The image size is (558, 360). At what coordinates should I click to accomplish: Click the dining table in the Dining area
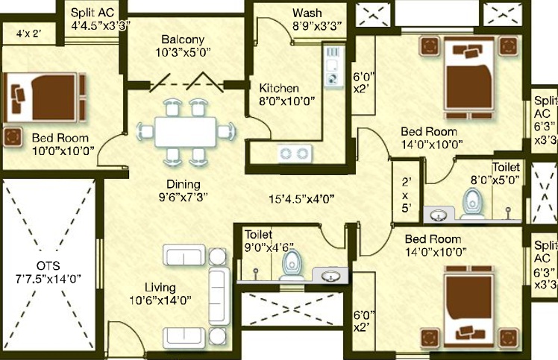pyautogui.click(x=185, y=132)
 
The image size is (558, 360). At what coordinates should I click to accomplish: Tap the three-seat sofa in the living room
pyautogui.click(x=219, y=296)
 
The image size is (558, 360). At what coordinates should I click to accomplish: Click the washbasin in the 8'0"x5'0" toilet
pyautogui.click(x=439, y=215)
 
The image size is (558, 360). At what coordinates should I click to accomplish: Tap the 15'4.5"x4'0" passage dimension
pyautogui.click(x=301, y=199)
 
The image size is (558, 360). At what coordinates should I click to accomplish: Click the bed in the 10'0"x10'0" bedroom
pyautogui.click(x=45, y=97)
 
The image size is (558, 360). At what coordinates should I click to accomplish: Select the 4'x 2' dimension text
pyautogui.click(x=28, y=34)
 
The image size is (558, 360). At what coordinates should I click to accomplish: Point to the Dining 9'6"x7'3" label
pyautogui.click(x=183, y=190)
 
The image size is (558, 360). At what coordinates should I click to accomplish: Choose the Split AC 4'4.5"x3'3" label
pyautogui.click(x=101, y=19)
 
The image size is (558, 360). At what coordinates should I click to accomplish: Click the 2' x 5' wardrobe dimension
pyautogui.click(x=406, y=195)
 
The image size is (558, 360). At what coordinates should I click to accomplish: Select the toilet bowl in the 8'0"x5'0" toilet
pyautogui.click(x=473, y=203)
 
